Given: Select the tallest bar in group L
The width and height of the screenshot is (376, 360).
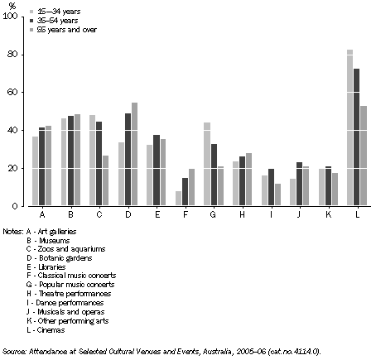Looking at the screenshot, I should click(x=349, y=127).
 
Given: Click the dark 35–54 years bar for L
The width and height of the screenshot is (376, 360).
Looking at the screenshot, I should click(x=357, y=137).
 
